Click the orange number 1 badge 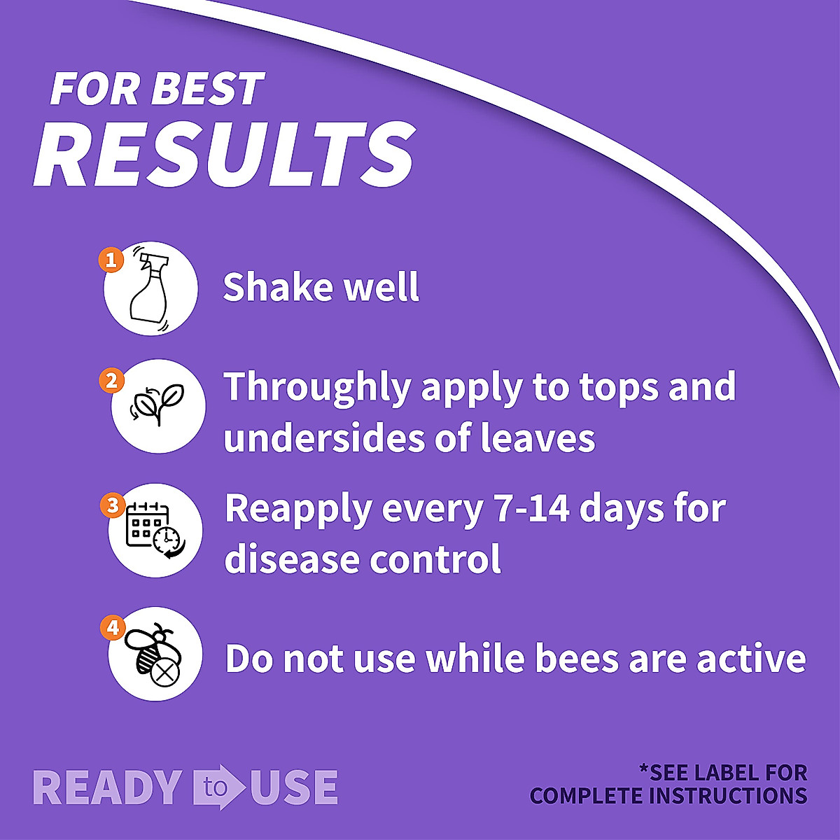pos(111,260)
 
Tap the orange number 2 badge pos(112,381)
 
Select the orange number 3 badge pos(113,505)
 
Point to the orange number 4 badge pos(113,628)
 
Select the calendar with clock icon pos(155,531)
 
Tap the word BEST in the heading pos(207,90)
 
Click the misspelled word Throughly pos(318,388)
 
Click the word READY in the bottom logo pos(108,787)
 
